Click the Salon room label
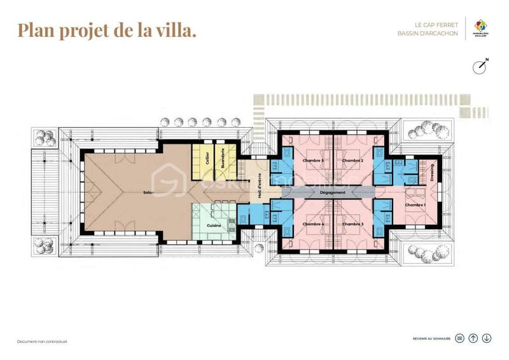(149, 192)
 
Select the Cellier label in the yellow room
(207, 159)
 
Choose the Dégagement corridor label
(332, 192)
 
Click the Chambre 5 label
(313, 160)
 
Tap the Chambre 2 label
(352, 160)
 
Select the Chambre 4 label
(313, 224)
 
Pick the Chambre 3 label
(352, 224)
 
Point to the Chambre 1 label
(415, 205)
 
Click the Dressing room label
(432, 173)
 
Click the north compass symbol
(481, 66)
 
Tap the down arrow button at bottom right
(487, 338)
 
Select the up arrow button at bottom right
(473, 338)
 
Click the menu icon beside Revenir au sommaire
(460, 338)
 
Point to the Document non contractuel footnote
(42, 342)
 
